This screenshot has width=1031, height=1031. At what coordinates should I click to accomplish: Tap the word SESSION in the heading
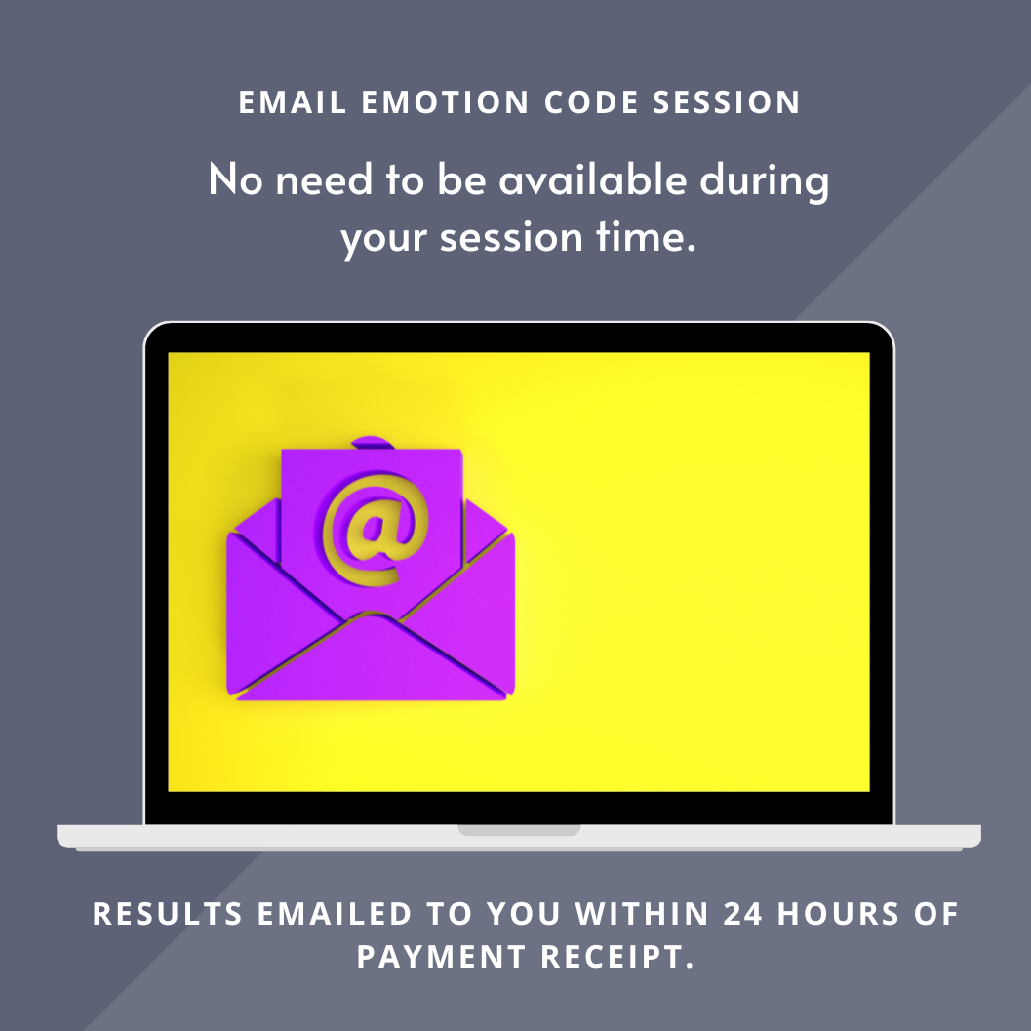(726, 102)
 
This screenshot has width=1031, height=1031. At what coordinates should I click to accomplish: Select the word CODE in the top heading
(591, 102)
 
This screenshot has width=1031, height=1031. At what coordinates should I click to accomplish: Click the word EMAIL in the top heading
(293, 102)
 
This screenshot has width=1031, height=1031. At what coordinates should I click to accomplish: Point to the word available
(592, 178)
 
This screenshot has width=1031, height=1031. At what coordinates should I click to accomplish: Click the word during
(764, 180)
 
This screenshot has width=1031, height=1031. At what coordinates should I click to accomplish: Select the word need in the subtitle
(324, 179)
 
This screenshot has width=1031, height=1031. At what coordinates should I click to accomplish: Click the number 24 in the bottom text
(743, 914)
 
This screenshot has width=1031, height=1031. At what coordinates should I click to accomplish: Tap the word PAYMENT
(441, 957)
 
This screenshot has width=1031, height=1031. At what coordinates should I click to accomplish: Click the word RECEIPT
(616, 957)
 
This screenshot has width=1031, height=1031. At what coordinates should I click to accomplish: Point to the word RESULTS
(168, 914)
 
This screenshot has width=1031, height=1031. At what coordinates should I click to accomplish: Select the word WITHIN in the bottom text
(642, 914)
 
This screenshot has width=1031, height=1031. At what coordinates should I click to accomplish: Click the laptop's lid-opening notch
(519, 830)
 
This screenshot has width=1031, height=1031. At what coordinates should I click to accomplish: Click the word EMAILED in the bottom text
(334, 914)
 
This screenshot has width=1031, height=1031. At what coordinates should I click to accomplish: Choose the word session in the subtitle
(511, 237)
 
